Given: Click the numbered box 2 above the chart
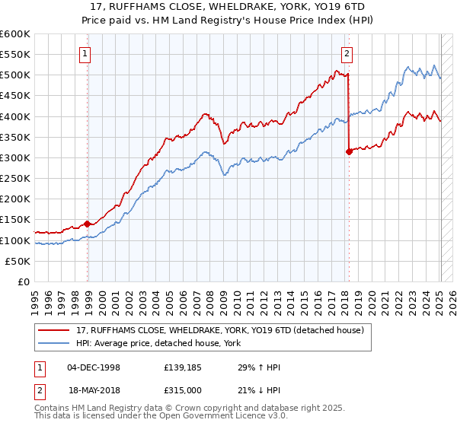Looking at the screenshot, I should pos(347,53).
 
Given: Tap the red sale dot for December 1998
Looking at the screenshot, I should pos(88,224).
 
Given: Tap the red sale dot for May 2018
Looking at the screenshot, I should pos(349,151).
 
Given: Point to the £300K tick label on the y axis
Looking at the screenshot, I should pos(14,157).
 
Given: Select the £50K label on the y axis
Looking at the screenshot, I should pos(18,261).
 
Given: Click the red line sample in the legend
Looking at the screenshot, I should pos(53,330).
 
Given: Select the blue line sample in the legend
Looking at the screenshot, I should pos(53,344).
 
